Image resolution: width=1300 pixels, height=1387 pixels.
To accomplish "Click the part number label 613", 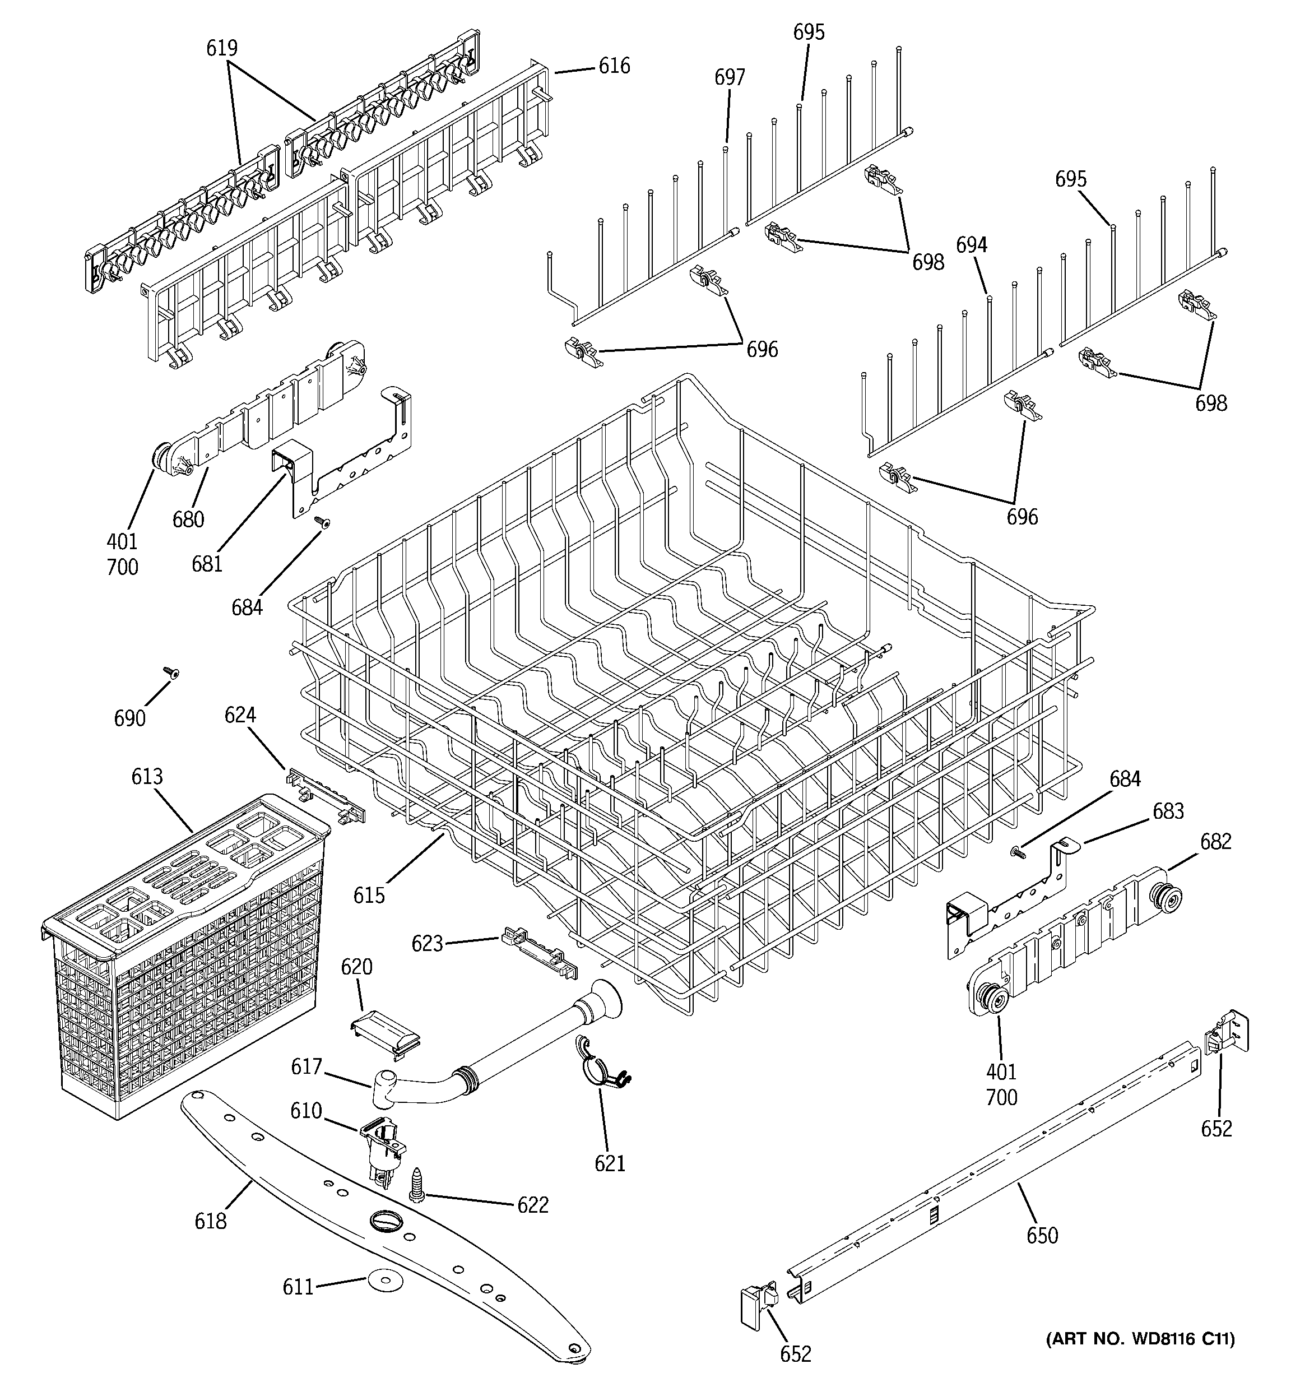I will tap(147, 777).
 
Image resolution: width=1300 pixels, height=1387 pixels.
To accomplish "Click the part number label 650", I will tap(1042, 1236).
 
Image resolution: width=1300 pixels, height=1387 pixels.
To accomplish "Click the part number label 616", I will tap(614, 66).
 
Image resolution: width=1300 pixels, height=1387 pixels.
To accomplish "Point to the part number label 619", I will tap(222, 48).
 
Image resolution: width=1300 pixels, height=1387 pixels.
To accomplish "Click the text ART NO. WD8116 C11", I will tap(1140, 1339).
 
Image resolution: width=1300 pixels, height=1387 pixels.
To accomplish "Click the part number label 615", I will tap(369, 895).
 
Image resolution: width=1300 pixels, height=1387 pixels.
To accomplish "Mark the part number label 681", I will tap(207, 563).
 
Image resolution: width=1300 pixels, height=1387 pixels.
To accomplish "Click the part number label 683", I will tap(1168, 811).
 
